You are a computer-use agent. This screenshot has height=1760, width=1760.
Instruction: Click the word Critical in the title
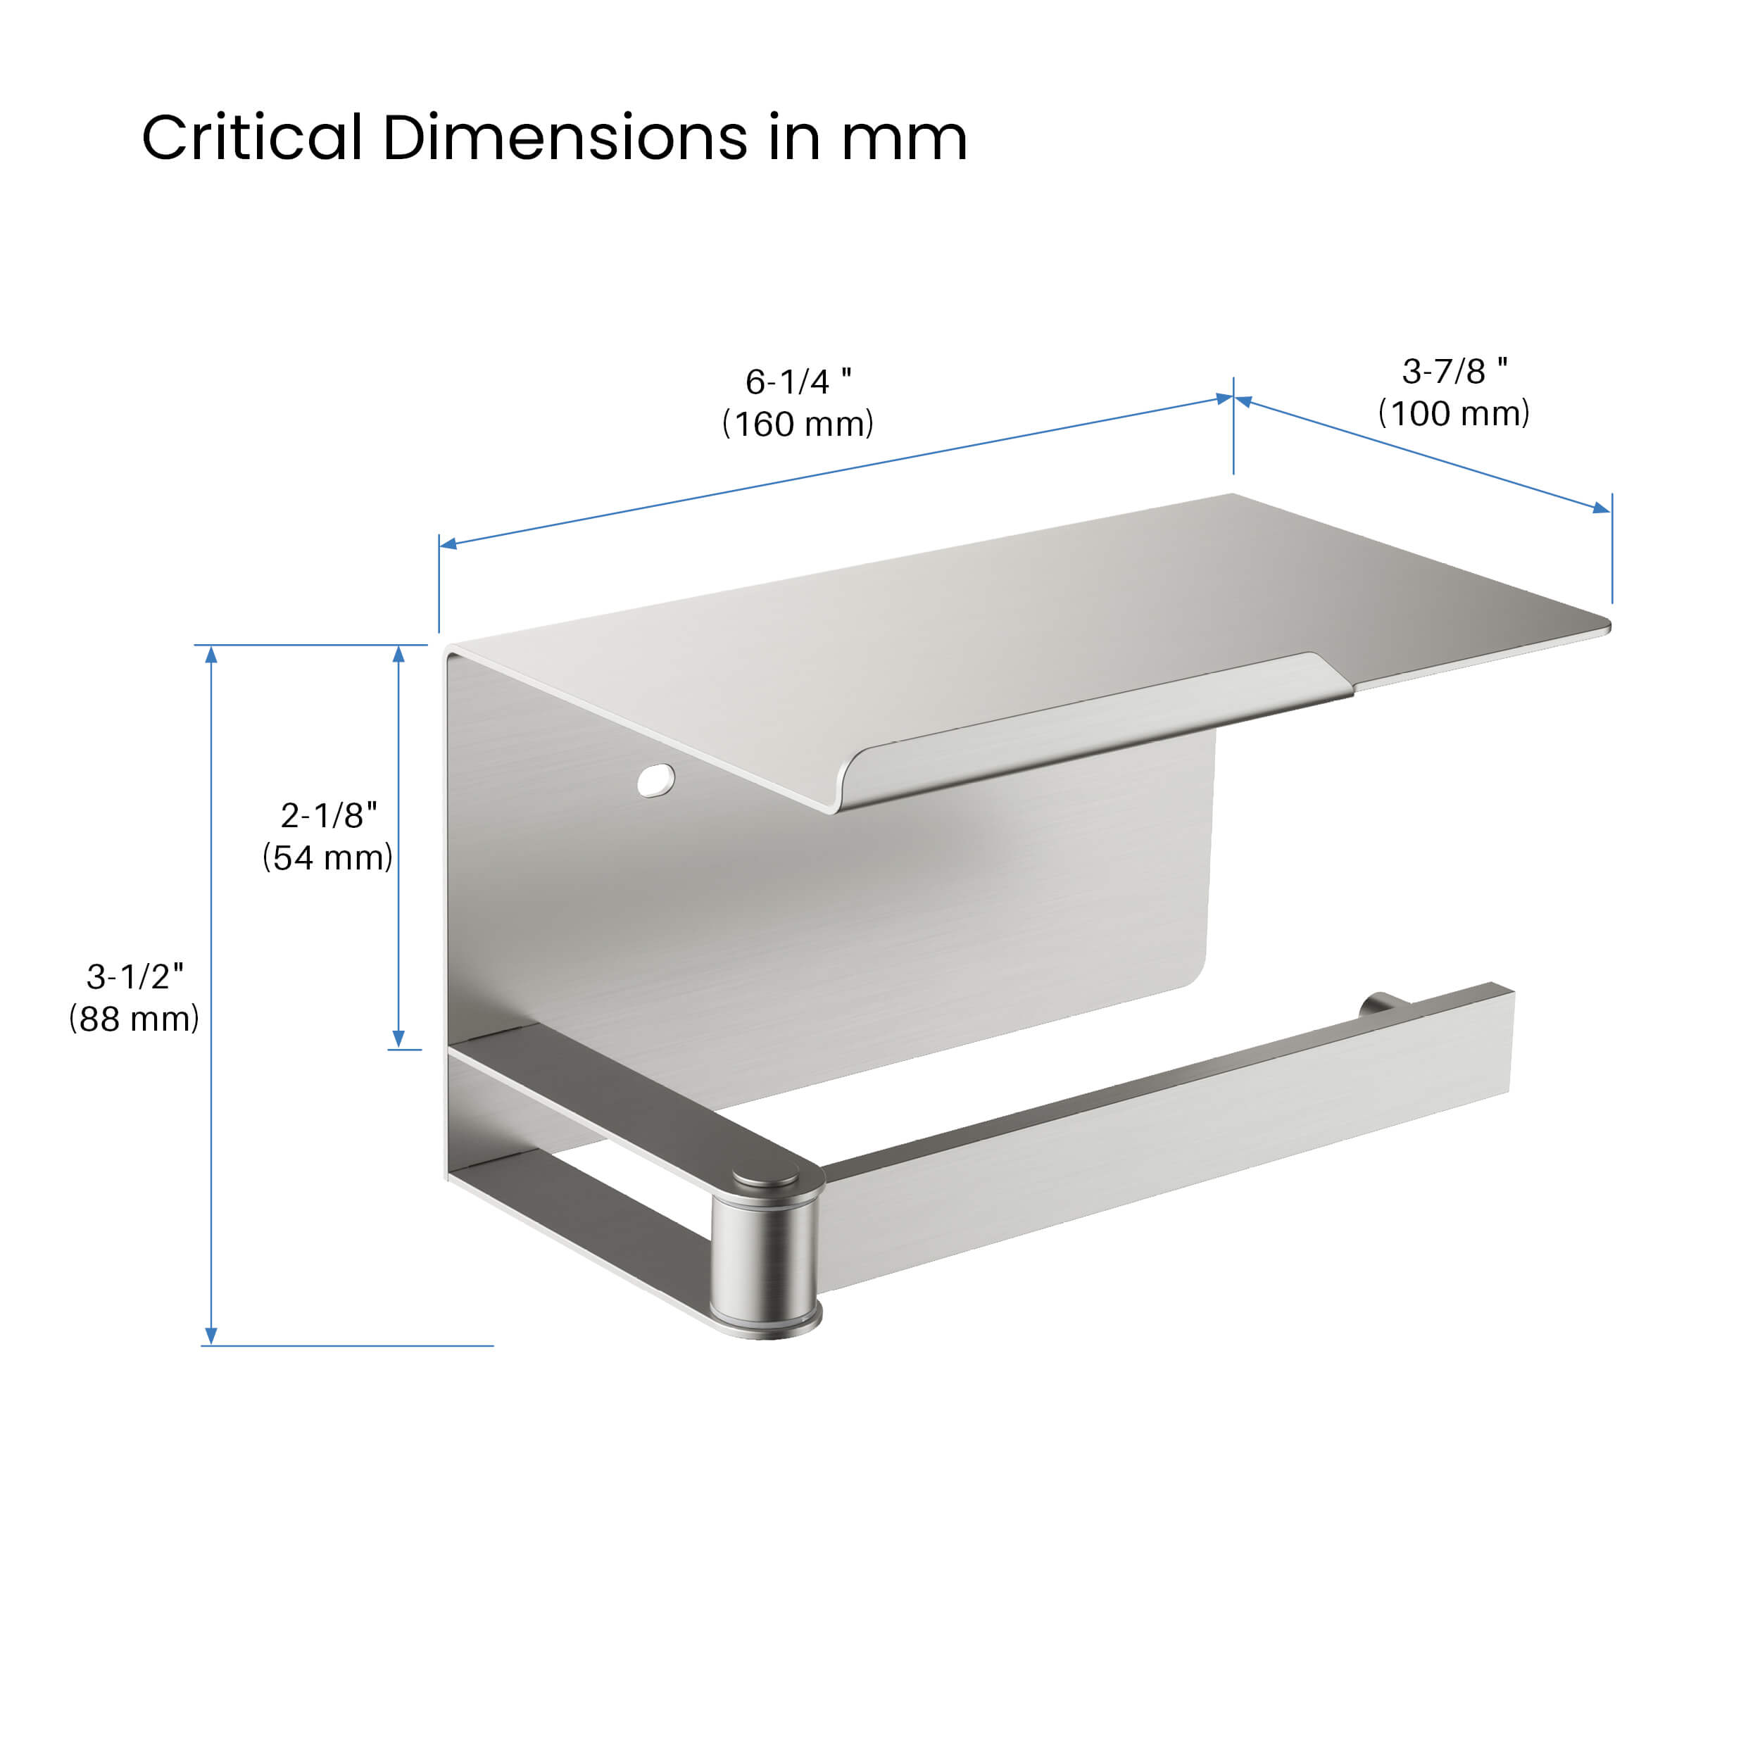(x=251, y=139)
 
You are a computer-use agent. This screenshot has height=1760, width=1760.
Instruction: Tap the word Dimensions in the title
(x=564, y=139)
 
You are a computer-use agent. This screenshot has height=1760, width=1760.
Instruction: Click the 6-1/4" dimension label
(x=798, y=382)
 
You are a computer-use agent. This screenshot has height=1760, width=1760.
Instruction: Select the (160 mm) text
(x=798, y=424)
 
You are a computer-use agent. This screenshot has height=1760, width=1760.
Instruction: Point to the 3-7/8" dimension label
(x=1454, y=371)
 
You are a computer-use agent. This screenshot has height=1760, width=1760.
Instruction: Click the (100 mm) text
(x=1454, y=413)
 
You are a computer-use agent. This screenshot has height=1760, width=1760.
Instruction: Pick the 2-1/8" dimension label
(x=328, y=815)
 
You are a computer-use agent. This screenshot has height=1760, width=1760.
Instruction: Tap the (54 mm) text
(x=328, y=857)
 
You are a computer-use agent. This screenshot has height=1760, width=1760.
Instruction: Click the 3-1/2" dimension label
(x=135, y=976)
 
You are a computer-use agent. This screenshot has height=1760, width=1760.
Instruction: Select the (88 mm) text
(x=135, y=1019)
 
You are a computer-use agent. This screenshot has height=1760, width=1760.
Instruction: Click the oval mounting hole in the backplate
(x=656, y=780)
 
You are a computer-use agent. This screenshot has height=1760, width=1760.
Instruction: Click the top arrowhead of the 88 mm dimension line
(x=211, y=654)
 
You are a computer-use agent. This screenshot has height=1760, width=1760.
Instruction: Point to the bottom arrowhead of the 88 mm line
(x=211, y=1335)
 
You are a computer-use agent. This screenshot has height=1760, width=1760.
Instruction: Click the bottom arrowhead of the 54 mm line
(x=398, y=1038)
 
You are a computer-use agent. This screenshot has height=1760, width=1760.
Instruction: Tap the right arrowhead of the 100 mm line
(x=1601, y=508)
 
